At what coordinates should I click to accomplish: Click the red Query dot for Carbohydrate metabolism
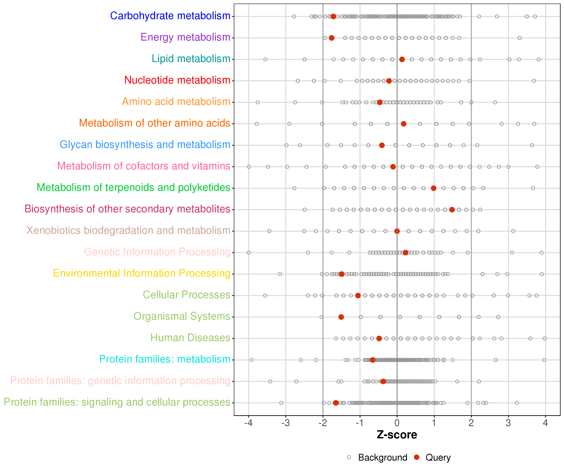[333, 16]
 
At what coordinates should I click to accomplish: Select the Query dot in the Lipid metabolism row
[402, 59]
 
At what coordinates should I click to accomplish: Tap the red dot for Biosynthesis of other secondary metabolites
[452, 209]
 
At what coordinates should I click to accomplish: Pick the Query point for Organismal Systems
[341, 317]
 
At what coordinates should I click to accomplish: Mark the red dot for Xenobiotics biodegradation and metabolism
[397, 231]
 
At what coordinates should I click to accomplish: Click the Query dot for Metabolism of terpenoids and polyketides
[433, 188]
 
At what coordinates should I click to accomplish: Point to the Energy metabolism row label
[185, 37]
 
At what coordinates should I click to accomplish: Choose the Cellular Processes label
[186, 295]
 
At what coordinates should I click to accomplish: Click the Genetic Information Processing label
[157, 252]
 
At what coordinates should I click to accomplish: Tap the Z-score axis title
[397, 435]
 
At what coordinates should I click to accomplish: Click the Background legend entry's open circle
[349, 457]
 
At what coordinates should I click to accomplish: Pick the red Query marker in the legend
[417, 457]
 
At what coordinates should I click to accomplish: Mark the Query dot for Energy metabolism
[332, 38]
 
